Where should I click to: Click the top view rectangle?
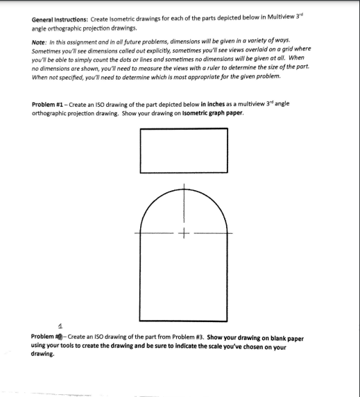184,148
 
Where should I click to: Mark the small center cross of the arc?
184,233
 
